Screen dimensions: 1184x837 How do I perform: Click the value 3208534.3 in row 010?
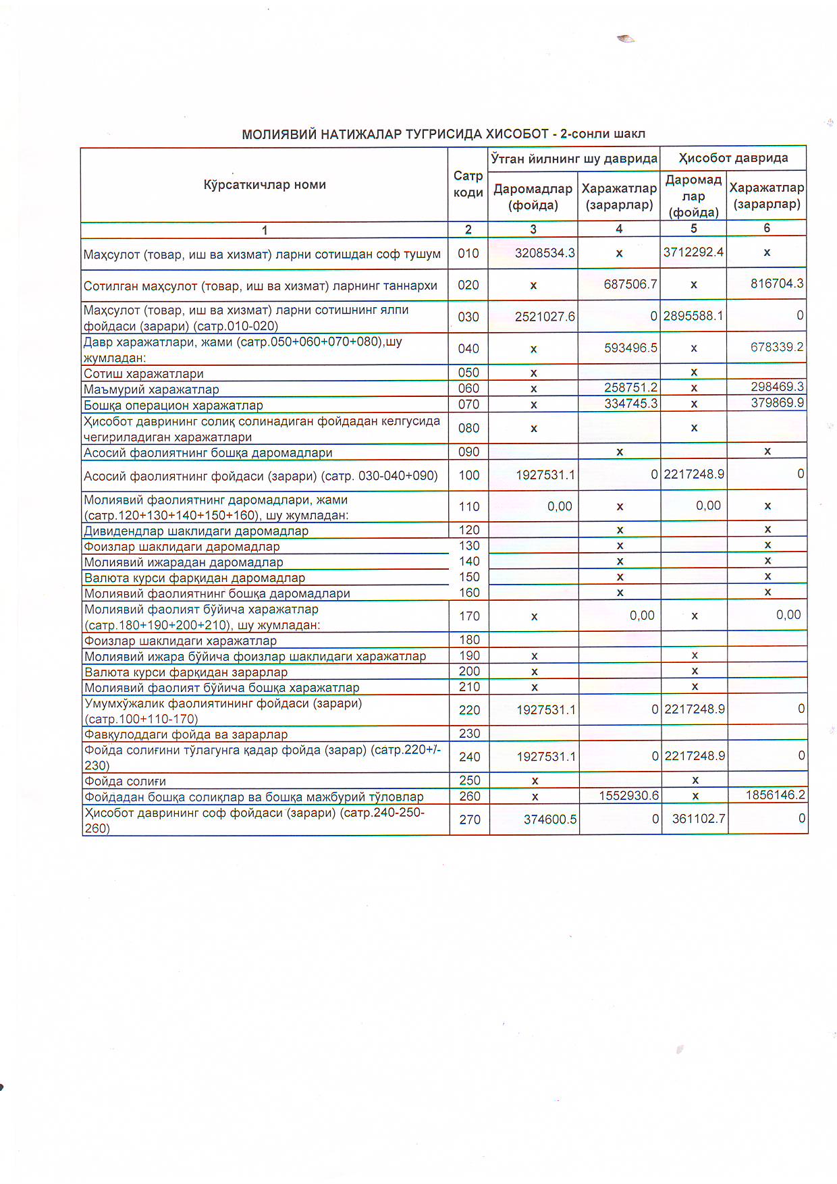545,253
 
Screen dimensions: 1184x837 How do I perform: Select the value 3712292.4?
693,252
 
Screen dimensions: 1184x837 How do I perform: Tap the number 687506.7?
630,284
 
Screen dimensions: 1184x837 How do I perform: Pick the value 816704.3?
777,284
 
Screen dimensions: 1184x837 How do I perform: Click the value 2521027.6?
545,316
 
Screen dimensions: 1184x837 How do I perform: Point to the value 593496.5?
630,348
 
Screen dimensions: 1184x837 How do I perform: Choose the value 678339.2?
777,347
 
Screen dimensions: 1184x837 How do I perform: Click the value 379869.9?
777,403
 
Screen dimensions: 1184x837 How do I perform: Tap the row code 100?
469,475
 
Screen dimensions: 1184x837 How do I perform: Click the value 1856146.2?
776,795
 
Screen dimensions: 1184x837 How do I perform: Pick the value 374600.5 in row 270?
550,819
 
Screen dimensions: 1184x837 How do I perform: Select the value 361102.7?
699,819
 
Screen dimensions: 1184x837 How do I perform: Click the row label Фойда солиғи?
126,781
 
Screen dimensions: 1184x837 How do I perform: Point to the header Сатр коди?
468,184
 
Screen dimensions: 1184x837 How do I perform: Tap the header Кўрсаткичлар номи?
265,184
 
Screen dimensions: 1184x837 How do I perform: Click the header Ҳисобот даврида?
733,158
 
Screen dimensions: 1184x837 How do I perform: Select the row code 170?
469,616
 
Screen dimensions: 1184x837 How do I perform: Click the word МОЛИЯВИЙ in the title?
279,134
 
